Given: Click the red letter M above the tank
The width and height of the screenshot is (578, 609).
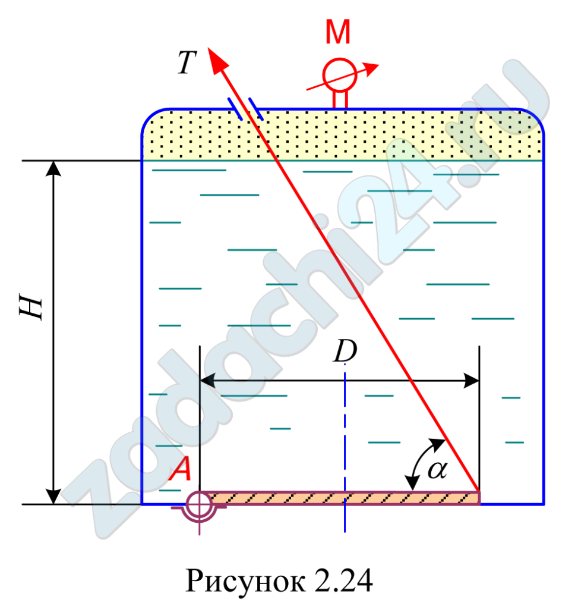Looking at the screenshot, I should pyautogui.click(x=338, y=34).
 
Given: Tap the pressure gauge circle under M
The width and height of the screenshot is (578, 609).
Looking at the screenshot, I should pyautogui.click(x=339, y=75).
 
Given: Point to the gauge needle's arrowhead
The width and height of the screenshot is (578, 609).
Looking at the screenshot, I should pyautogui.click(x=372, y=68).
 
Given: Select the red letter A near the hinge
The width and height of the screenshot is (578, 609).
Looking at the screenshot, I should pyautogui.click(x=180, y=470).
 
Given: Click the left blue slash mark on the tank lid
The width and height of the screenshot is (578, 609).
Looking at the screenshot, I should pyautogui.click(x=235, y=109).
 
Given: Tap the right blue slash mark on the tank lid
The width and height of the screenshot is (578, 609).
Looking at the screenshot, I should pyautogui.click(x=256, y=109).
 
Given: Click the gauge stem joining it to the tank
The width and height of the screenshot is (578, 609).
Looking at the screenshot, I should pyautogui.click(x=339, y=99).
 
